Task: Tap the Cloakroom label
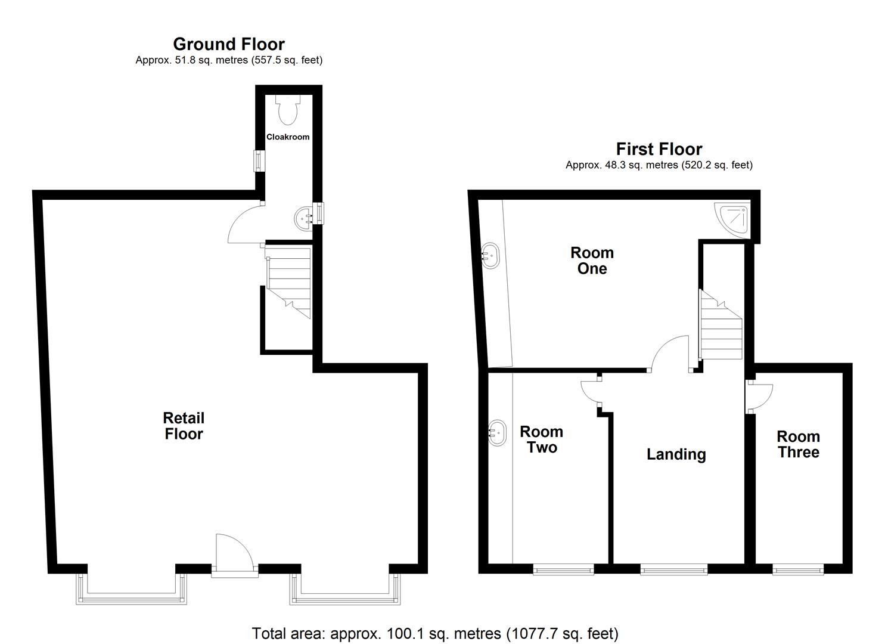click(x=288, y=137)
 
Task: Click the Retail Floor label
click(x=184, y=426)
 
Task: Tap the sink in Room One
click(x=490, y=256)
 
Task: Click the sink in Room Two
click(x=497, y=433)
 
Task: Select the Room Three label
click(x=798, y=444)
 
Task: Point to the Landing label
click(x=676, y=454)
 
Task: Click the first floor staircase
click(x=721, y=327)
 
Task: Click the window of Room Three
click(x=798, y=570)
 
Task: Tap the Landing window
click(x=673, y=570)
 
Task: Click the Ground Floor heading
click(x=229, y=44)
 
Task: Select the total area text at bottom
click(x=435, y=633)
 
